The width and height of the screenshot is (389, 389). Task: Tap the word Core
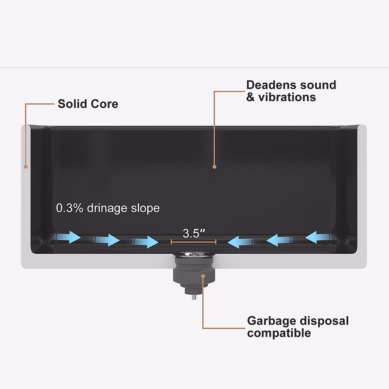104,104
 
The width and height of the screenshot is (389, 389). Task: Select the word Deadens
271,85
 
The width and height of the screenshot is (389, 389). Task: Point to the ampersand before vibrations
250,97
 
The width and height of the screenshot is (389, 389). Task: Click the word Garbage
271,321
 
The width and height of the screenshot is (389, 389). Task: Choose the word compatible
279,333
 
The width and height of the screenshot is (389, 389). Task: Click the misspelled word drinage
107,208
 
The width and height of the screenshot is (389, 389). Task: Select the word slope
145,208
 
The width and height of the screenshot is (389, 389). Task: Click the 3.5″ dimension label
194,233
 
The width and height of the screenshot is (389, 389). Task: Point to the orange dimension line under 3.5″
194,242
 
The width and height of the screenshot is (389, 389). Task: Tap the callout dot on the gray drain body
203,276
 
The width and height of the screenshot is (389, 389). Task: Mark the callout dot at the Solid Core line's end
25,167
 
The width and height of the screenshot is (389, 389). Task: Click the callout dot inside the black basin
214,167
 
